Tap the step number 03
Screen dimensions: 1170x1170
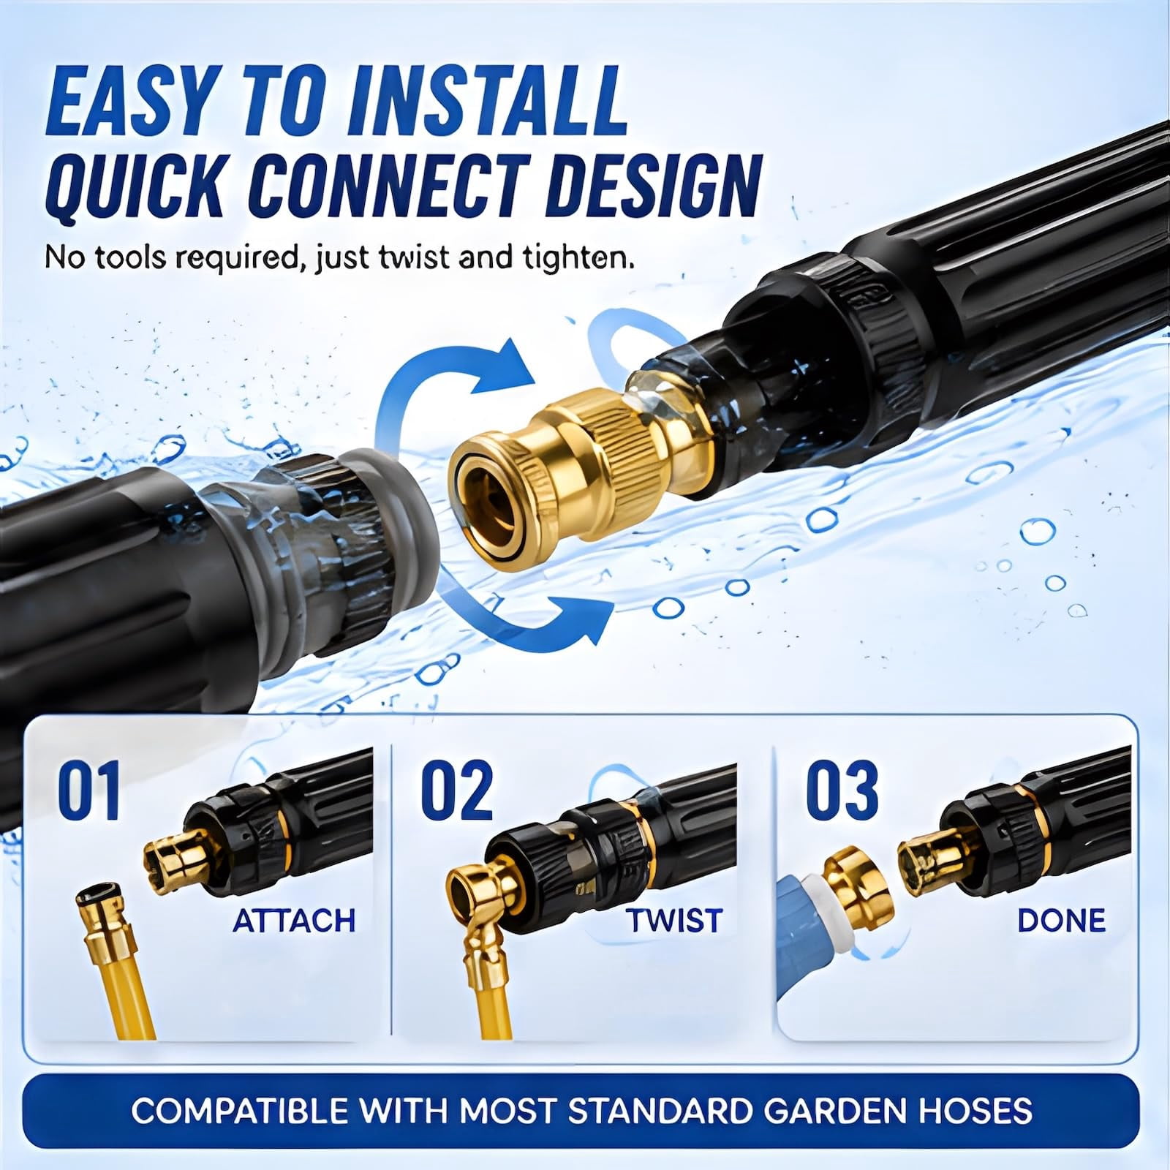coord(842,790)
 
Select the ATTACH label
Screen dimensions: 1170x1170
coord(294,921)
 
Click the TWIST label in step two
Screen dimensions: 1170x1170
coord(674,921)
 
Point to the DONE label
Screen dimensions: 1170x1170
coord(1061,921)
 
